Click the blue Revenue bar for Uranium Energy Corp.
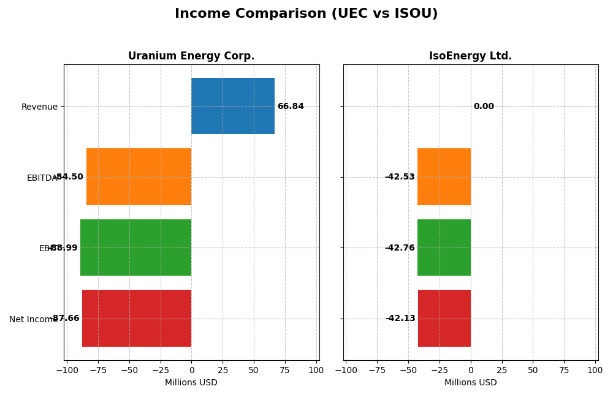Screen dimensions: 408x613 233,106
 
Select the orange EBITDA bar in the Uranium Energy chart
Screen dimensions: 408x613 139,176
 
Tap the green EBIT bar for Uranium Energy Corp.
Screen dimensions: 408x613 135,247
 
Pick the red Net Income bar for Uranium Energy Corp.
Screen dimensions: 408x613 137,318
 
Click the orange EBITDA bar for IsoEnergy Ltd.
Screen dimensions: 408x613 444,176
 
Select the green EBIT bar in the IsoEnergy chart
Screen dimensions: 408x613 444,247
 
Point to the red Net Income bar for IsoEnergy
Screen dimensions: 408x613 444,318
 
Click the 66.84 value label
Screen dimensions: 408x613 291,107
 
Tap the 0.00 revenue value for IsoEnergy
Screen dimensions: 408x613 484,107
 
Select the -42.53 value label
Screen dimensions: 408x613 400,177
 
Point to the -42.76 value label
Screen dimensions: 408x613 400,248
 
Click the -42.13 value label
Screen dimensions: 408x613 400,319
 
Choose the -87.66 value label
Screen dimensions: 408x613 66,319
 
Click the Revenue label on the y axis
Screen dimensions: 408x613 39,107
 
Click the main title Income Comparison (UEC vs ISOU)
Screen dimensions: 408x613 306,14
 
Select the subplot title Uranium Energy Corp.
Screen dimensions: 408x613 191,56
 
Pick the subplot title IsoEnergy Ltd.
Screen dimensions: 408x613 470,56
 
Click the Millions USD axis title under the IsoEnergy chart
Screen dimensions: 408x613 470,383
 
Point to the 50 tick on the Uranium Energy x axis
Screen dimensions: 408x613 253,370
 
